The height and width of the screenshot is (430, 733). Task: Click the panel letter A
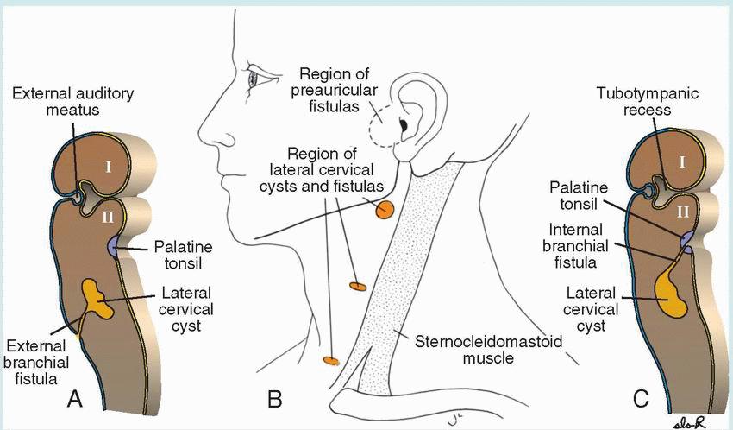[75, 398]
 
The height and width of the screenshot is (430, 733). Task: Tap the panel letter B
[275, 399]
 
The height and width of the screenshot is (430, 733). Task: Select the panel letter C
[641, 398]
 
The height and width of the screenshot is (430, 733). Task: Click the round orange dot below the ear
[384, 209]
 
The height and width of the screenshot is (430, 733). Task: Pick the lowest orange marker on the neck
[329, 358]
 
